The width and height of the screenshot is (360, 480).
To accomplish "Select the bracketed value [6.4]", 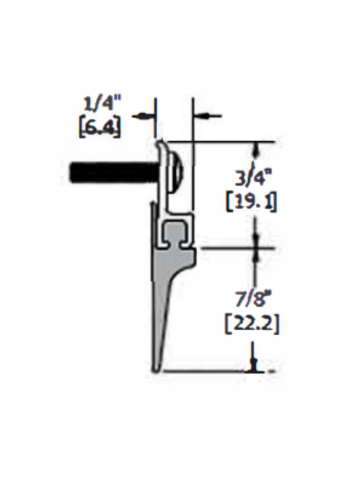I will pyautogui.click(x=100, y=126).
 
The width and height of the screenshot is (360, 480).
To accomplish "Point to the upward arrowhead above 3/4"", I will pyautogui.click(x=255, y=148).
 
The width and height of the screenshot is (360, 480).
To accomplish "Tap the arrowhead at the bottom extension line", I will pyautogui.click(x=255, y=365).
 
